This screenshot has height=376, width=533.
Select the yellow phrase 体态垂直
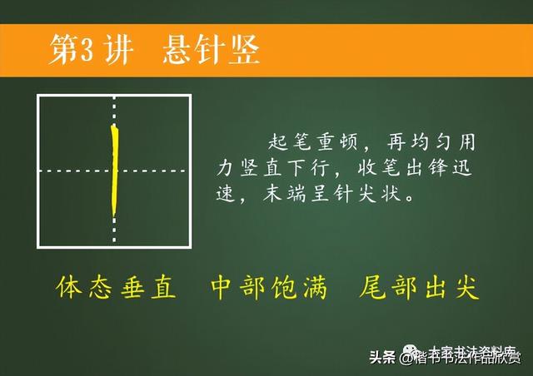[116, 288]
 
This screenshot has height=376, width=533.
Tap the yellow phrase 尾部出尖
[419, 288]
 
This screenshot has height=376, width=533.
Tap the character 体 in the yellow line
[70, 288]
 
